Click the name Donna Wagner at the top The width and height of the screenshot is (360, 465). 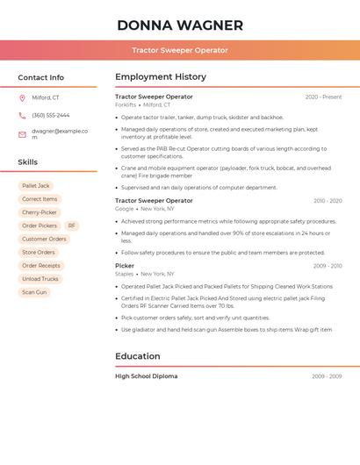(180, 25)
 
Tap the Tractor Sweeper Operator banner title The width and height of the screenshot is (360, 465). (180, 50)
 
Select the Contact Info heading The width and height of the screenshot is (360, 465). (41, 77)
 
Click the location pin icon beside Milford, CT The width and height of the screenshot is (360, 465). (22, 97)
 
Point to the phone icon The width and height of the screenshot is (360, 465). (22, 115)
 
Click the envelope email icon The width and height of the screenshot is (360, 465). (22, 134)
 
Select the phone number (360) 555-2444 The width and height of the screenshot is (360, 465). (51, 115)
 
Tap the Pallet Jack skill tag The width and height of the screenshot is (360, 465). (36, 186)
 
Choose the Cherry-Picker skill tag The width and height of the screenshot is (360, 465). (40, 212)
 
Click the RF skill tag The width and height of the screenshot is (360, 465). (72, 225)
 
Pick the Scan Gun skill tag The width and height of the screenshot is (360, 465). (34, 292)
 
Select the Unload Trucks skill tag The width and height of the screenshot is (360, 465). (40, 279)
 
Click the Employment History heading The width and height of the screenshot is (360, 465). (161, 77)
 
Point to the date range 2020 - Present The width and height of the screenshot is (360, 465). (323, 97)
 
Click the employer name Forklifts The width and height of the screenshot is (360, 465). (126, 104)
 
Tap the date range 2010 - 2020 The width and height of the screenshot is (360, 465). (327, 201)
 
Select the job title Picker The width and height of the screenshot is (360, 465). (125, 265)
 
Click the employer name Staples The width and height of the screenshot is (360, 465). (124, 273)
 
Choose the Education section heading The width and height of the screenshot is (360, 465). (138, 356)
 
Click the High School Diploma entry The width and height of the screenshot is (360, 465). (146, 376)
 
